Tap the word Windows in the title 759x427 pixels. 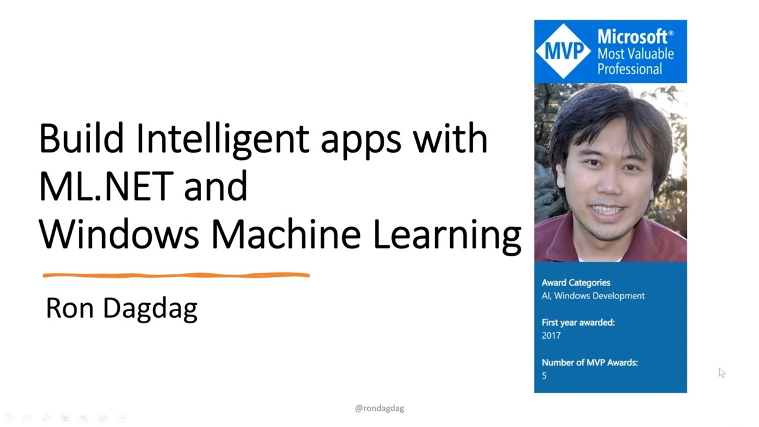(119, 234)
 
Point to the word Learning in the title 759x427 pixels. (447, 235)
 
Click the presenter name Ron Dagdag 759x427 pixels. (122, 308)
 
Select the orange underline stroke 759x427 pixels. (176, 275)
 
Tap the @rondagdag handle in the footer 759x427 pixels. (379, 408)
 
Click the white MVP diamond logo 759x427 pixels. (563, 51)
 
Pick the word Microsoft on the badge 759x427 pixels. (633, 37)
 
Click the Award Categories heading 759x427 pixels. (576, 283)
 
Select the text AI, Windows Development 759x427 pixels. (593, 295)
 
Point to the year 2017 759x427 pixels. (551, 335)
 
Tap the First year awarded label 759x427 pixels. (578, 323)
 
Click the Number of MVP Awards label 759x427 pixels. (589, 362)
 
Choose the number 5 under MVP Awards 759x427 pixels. (544, 375)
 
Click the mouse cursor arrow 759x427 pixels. (721, 372)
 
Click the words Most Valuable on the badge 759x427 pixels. (635, 54)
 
